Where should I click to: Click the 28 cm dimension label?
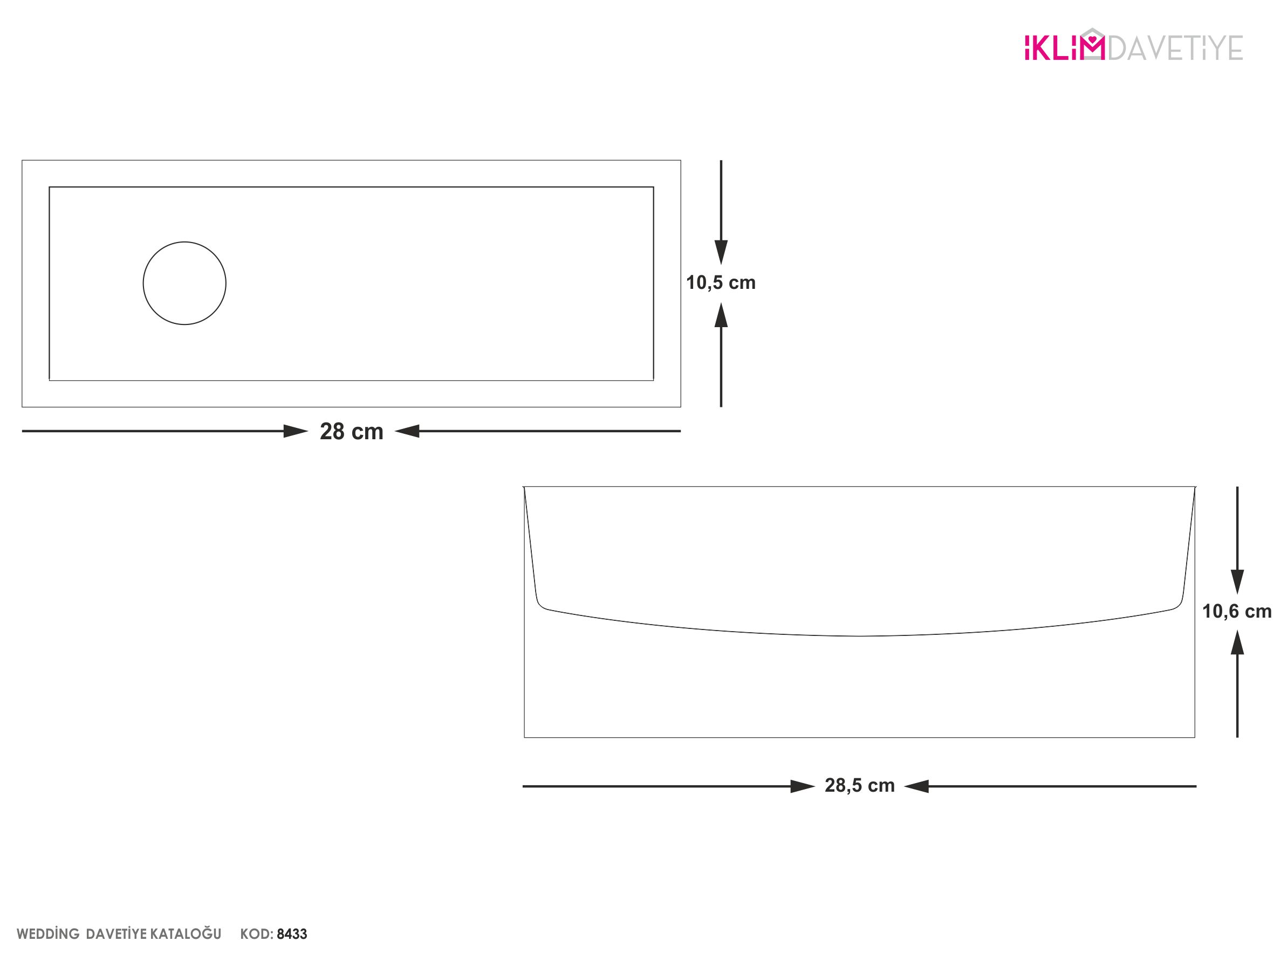(351, 432)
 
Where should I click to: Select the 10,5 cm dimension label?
(721, 282)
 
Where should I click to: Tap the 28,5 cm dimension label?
(859, 785)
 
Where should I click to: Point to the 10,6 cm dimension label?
(1237, 611)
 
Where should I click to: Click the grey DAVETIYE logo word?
(1175, 48)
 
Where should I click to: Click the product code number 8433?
(292, 933)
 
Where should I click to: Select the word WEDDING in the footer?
(48, 933)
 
